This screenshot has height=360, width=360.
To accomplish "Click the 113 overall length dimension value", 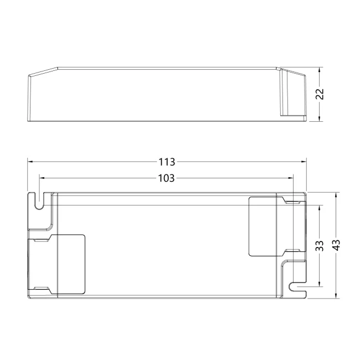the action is tap(167, 162).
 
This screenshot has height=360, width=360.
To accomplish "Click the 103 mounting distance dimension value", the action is tap(167, 178).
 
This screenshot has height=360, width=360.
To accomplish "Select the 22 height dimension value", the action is tap(320, 94).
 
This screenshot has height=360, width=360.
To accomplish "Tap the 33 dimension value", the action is tap(319, 246).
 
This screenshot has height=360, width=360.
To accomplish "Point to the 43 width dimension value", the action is tap(336, 245).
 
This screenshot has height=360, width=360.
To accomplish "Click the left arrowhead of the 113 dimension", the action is tap(30, 162).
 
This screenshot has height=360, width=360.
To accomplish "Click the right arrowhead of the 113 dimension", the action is tap(304, 162).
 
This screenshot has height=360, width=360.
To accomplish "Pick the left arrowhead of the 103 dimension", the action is tap(43, 178).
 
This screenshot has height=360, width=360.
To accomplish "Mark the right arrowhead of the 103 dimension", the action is tap(291, 178).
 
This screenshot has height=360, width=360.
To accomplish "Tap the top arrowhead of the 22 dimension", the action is tap(319, 70).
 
